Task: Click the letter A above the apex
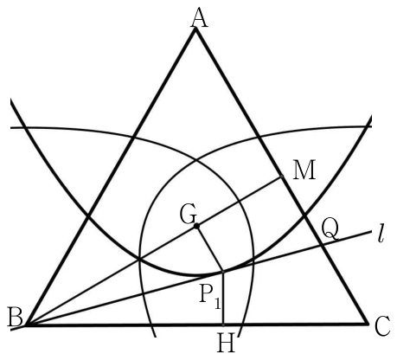[199, 18]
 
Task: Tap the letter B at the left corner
[16, 317]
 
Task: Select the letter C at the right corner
[382, 326]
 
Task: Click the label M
[304, 170]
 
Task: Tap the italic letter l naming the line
[381, 235]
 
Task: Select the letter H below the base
[226, 343]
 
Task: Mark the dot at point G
[196, 226]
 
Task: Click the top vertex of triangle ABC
[195, 29]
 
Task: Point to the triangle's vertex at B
[27, 325]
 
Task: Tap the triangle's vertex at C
[368, 325]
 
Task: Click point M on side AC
[282, 177]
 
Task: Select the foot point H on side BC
[223, 325]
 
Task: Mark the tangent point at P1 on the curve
[223, 272]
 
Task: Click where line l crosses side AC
[321, 245]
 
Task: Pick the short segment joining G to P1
[210, 249]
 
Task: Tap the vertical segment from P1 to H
[223, 299]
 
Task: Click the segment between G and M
[240, 201]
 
